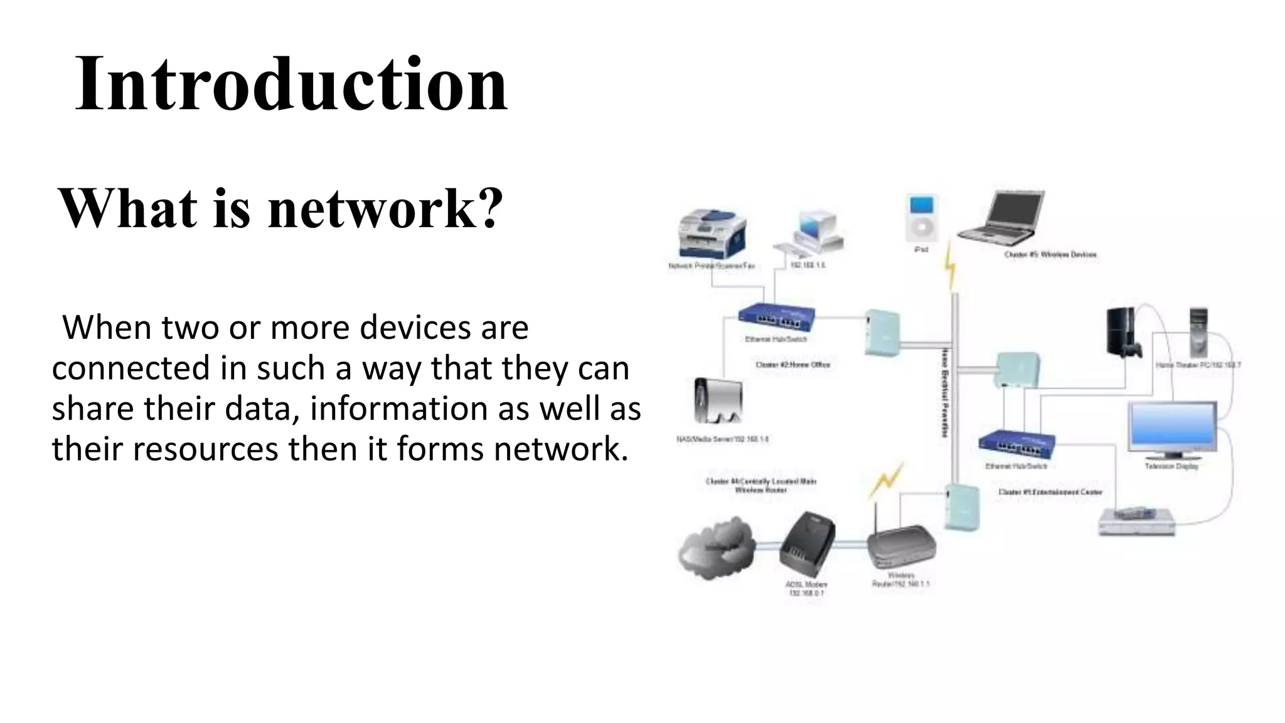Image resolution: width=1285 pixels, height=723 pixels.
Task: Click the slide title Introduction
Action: [291, 84]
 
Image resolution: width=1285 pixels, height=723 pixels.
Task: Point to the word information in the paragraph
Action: [399, 409]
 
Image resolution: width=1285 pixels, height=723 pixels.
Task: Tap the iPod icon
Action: [922, 218]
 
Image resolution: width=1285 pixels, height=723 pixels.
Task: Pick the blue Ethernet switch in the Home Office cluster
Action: [777, 318]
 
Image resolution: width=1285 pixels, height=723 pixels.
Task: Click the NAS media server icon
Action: [718, 402]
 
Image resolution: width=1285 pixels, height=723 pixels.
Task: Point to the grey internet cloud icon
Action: [715, 547]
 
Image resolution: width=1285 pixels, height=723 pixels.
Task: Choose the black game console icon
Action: [1123, 333]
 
